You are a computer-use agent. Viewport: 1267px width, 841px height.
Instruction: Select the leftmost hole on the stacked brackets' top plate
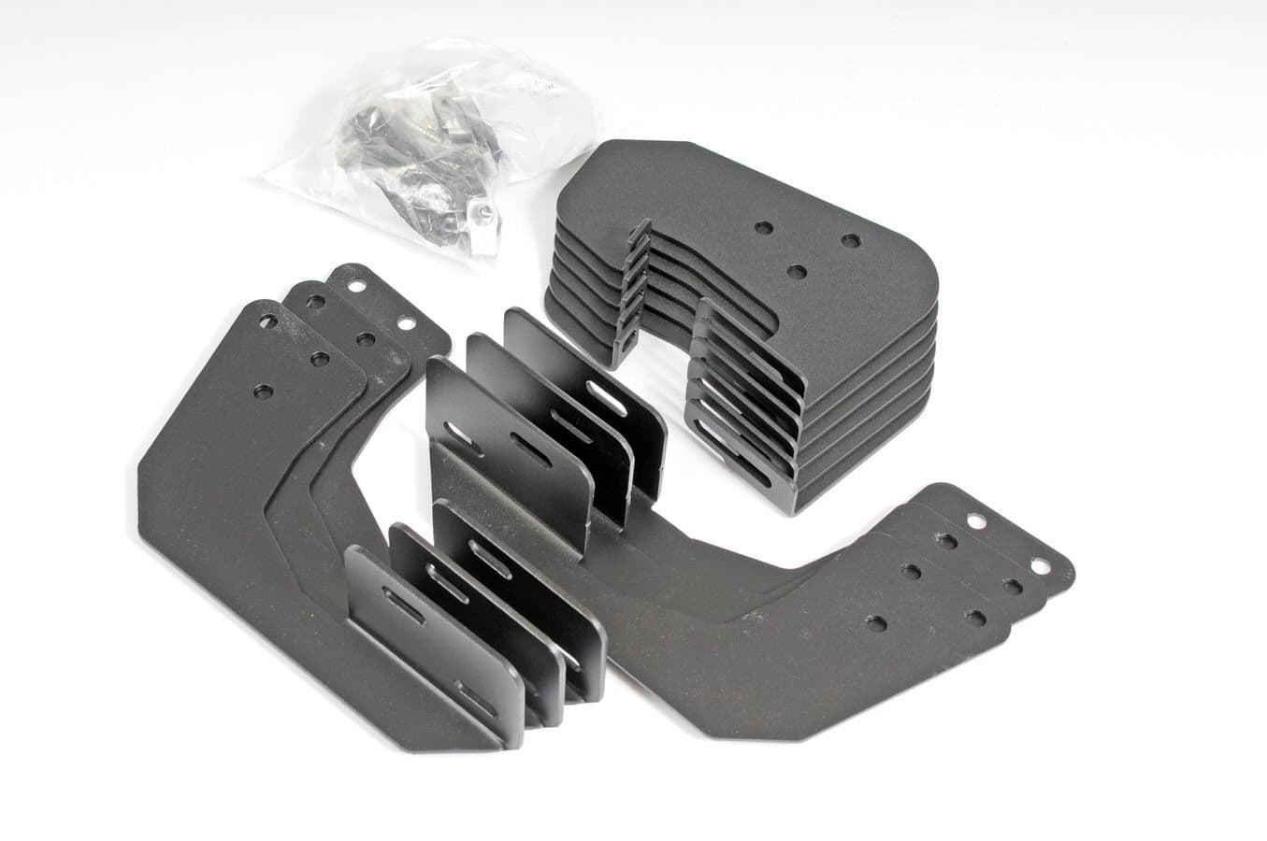[765, 227]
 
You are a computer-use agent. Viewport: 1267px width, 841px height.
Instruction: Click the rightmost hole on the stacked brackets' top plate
[849, 240]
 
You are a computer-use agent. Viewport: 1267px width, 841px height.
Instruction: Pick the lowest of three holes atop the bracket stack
[798, 271]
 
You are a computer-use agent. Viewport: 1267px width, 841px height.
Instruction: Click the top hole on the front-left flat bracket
[268, 321]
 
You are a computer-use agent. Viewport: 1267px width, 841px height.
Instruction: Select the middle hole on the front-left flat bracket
[319, 359]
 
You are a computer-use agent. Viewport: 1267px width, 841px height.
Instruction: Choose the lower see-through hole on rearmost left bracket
[406, 323]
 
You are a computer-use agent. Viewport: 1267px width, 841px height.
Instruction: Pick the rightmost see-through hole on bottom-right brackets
[1039, 565]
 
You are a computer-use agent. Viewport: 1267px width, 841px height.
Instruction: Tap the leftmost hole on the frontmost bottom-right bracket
[877, 622]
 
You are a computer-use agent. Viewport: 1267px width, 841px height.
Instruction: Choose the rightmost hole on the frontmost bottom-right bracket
[975, 618]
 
